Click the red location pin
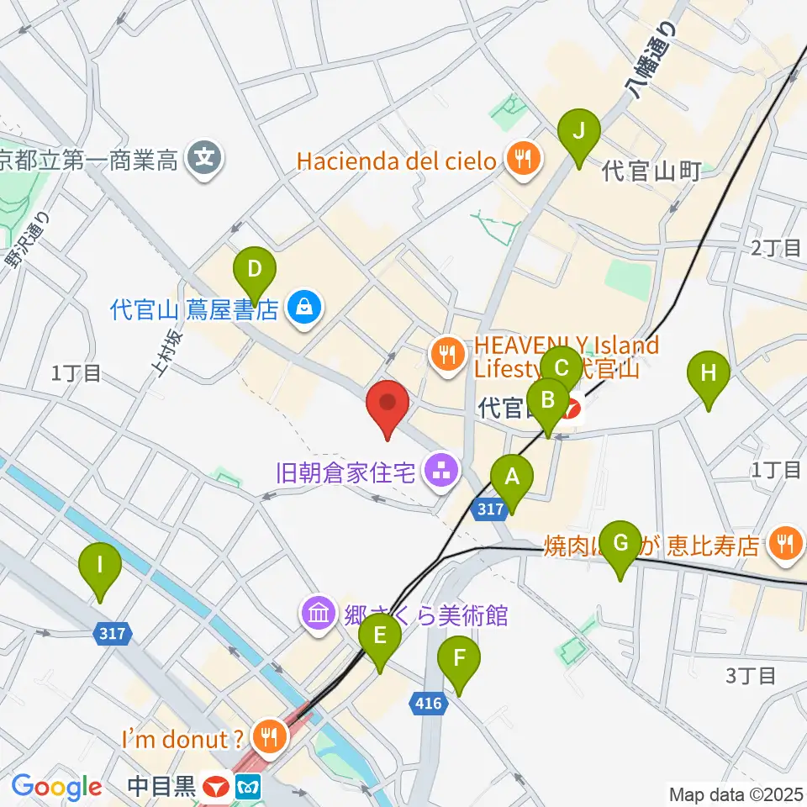click(388, 408)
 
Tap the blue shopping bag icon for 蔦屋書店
click(301, 309)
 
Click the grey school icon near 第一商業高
click(205, 156)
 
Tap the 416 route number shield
click(428, 702)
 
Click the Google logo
click(56, 787)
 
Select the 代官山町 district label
click(651, 173)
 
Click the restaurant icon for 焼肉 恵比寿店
click(785, 545)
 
